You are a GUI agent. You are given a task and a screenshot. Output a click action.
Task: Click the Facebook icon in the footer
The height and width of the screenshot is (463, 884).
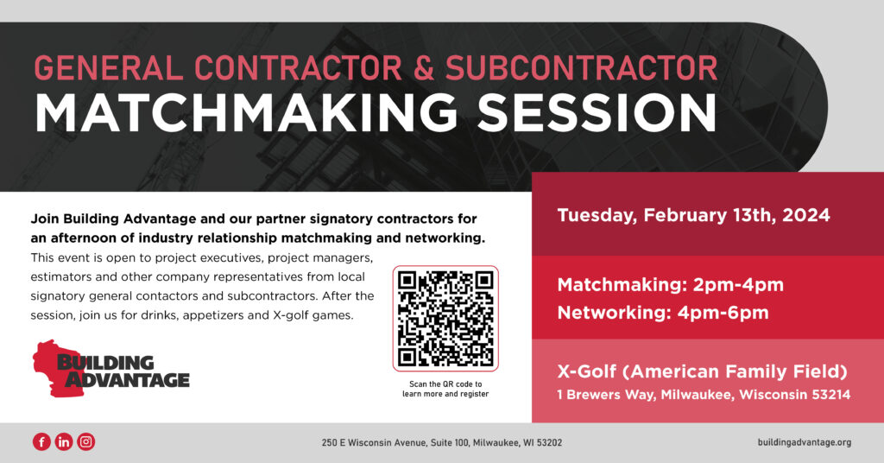point(41,442)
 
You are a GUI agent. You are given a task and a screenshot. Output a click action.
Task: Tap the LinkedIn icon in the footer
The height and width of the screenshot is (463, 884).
point(64,442)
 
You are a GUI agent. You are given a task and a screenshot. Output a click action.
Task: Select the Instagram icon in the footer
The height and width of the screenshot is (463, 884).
point(85,442)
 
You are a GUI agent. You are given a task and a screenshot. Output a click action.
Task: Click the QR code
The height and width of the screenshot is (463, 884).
point(445,319)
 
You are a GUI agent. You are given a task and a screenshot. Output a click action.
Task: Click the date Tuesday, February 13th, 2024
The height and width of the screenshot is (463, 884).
point(693,215)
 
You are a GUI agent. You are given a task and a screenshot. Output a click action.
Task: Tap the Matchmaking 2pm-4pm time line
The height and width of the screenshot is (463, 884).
point(670,284)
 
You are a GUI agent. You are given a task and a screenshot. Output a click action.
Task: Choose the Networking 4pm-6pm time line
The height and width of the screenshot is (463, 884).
point(662,312)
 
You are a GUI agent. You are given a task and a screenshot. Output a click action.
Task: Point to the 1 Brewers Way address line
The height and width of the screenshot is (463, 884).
point(704,395)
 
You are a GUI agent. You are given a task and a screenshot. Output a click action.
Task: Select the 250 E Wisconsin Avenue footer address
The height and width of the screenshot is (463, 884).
point(441,442)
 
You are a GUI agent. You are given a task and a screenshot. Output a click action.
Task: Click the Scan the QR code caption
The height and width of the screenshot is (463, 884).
point(445,389)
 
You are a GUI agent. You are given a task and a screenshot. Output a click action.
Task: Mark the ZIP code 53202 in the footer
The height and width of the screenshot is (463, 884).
point(548,442)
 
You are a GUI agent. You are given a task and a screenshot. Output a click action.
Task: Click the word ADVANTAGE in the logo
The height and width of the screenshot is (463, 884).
point(129,378)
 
